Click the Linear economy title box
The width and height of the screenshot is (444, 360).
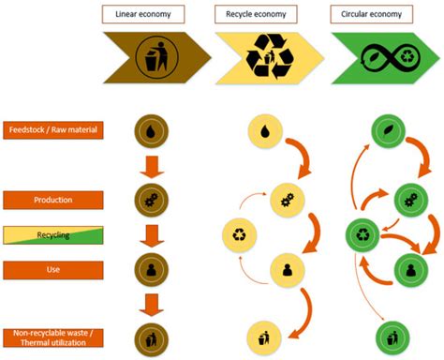click(x=143, y=14)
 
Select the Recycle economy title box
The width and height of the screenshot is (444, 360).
click(x=257, y=14)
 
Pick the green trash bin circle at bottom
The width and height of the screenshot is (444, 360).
click(x=392, y=335)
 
